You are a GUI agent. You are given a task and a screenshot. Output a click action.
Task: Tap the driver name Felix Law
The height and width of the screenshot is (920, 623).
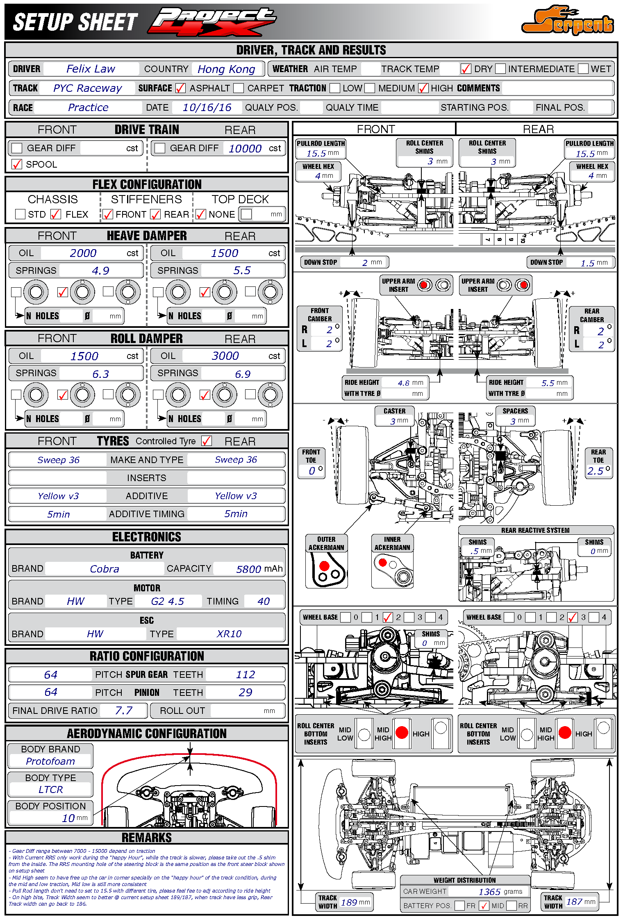pyautogui.click(x=91, y=69)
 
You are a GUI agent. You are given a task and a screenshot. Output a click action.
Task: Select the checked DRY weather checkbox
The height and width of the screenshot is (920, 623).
pyautogui.click(x=466, y=69)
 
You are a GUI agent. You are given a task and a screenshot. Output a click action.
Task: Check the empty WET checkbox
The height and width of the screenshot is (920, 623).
pyautogui.click(x=583, y=69)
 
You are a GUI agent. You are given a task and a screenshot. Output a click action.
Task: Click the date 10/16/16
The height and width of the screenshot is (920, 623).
pyautogui.click(x=207, y=107)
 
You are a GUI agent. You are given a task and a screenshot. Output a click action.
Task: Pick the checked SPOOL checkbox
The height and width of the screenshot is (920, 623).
pyautogui.click(x=17, y=164)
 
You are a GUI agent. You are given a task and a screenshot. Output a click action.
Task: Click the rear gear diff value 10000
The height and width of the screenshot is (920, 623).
pyautogui.click(x=245, y=148)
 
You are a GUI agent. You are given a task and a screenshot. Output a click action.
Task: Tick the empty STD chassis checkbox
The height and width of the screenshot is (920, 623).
pyautogui.click(x=20, y=214)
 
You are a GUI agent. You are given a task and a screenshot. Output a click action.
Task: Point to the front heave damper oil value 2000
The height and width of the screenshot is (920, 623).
pyautogui.click(x=83, y=253)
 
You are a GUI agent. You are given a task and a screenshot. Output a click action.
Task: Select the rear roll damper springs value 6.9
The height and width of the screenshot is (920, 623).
pyautogui.click(x=243, y=374)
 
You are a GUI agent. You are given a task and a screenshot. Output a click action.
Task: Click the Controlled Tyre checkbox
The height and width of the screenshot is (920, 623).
pyautogui.click(x=207, y=441)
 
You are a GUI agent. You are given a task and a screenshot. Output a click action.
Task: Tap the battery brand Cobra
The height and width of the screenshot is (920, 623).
pyautogui.click(x=105, y=569)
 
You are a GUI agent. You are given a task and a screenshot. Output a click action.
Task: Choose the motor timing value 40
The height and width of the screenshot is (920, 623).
pyautogui.click(x=264, y=601)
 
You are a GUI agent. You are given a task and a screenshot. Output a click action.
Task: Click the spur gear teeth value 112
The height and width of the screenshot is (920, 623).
pyautogui.click(x=246, y=675)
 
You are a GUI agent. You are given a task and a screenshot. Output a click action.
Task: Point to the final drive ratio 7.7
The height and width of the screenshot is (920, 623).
pyautogui.click(x=124, y=711)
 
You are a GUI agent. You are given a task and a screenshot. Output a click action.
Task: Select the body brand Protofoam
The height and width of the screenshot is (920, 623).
pyautogui.click(x=50, y=761)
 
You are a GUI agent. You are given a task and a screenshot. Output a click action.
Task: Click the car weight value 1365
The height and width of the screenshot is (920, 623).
pyautogui.click(x=489, y=892)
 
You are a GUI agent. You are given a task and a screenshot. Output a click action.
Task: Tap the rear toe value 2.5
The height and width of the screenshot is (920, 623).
pyautogui.click(x=595, y=471)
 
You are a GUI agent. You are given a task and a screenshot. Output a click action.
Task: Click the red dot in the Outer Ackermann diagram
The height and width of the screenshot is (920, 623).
pyautogui.click(x=324, y=566)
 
